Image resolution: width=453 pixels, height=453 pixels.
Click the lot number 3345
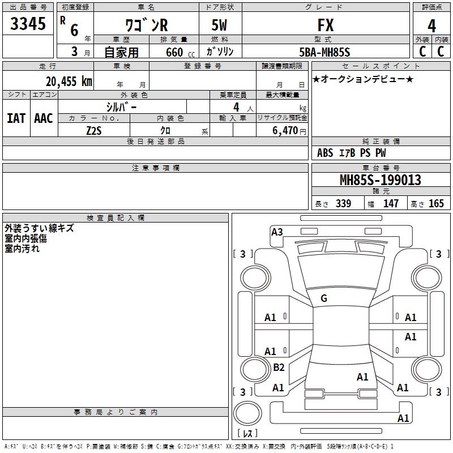[28, 23]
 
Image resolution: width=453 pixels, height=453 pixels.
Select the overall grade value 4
[431, 25]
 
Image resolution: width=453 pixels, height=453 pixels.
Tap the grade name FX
[326, 25]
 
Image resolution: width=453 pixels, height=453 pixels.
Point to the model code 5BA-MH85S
[324, 52]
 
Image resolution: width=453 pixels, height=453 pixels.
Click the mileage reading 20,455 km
[69, 81]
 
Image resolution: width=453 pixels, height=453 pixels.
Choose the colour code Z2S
[94, 131]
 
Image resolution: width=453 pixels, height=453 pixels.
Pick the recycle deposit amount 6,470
[285, 130]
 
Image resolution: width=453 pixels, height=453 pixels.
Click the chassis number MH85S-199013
[381, 180]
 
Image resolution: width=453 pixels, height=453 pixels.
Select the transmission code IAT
[16, 118]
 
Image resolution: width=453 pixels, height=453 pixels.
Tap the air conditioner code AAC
[44, 118]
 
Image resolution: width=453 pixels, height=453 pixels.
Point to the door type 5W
[219, 25]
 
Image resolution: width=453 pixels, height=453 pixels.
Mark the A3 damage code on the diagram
[277, 232]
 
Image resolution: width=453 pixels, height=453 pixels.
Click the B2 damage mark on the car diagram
[279, 367]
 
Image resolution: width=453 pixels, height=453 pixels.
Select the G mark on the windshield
[324, 298]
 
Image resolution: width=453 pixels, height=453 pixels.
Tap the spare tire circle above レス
[247, 413]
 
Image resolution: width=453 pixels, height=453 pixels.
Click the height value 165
[436, 203]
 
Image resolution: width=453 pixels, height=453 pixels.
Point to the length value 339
[344, 203]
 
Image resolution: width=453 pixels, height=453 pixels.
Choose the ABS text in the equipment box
[325, 153]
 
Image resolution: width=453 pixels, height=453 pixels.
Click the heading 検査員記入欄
[116, 218]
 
